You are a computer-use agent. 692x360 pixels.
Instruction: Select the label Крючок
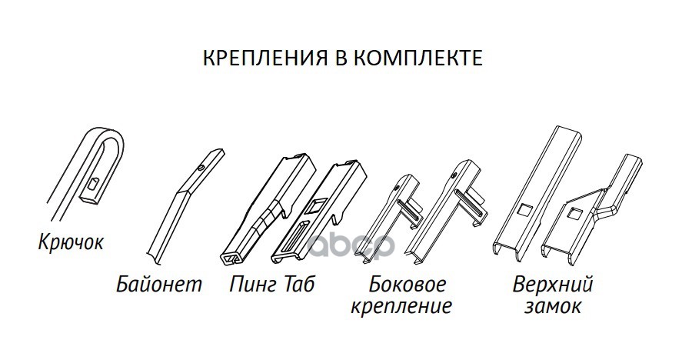click(x=70, y=244)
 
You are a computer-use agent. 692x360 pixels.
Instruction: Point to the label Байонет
click(x=160, y=285)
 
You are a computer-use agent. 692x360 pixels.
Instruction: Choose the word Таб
click(x=299, y=285)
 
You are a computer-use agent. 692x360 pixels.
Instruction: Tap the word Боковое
click(x=407, y=285)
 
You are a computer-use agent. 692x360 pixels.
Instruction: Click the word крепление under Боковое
click(x=401, y=308)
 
